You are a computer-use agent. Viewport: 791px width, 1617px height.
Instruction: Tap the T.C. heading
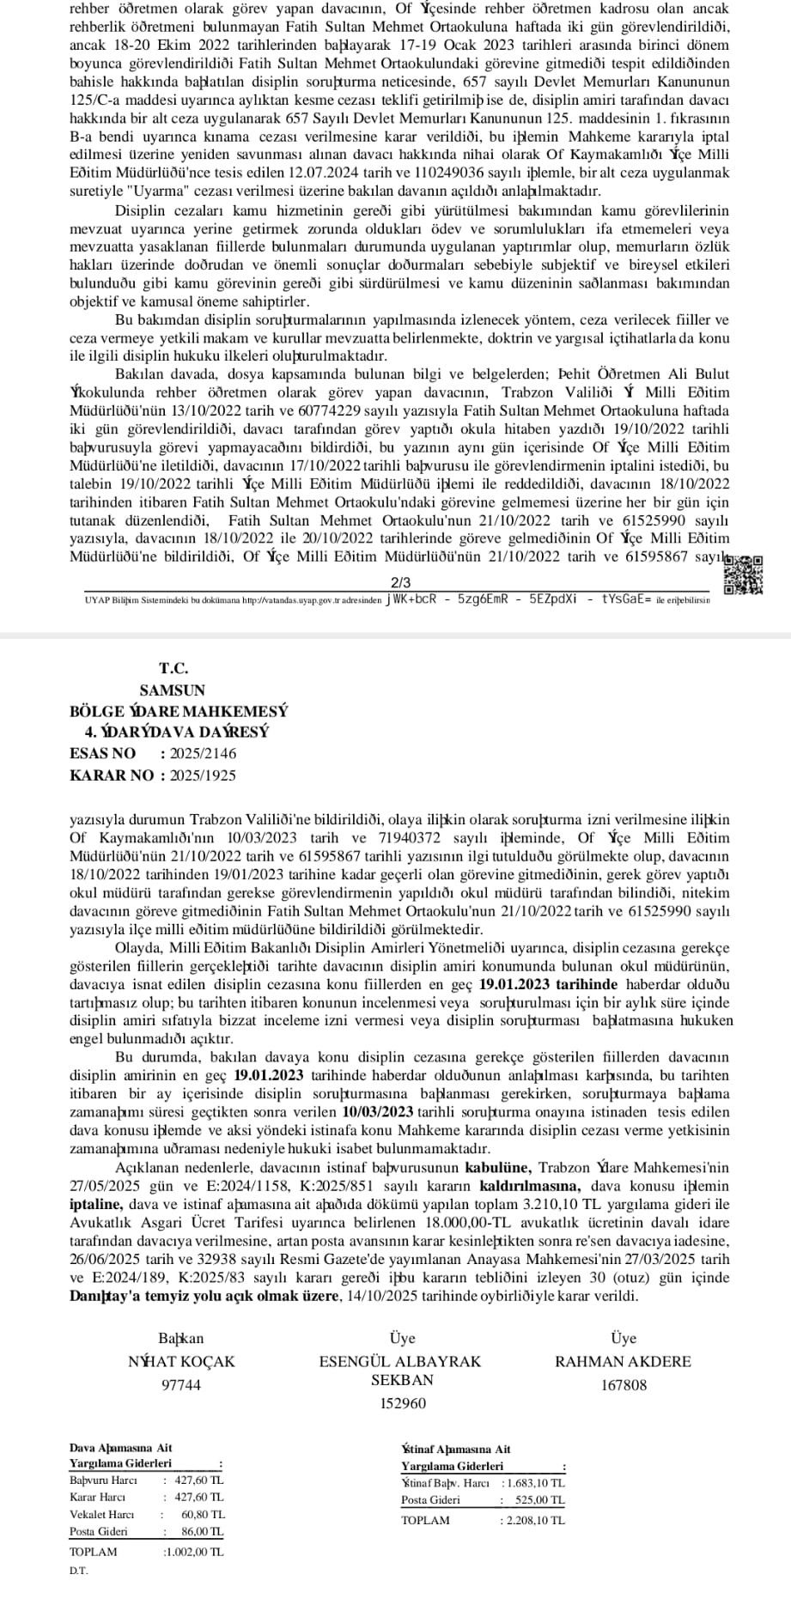[x=173, y=668]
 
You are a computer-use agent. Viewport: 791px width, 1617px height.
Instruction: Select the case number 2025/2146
[x=204, y=753]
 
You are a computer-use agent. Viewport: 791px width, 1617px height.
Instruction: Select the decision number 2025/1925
[x=204, y=775]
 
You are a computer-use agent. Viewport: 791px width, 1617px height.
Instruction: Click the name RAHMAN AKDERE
[x=623, y=1361]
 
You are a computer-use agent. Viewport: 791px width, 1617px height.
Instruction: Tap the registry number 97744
[x=181, y=1384]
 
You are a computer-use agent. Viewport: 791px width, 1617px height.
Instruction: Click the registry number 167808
[x=624, y=1384]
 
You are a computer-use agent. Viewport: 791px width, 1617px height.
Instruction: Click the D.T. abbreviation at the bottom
[x=78, y=1571]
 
